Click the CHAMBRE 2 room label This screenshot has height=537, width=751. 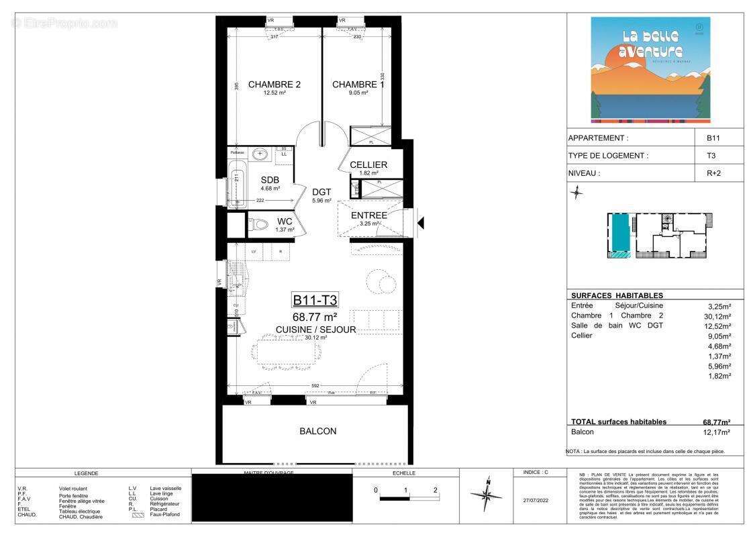[274, 85]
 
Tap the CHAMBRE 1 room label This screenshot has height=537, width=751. [358, 85]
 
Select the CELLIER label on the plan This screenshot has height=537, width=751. [368, 165]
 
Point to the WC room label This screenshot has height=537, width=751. [285, 222]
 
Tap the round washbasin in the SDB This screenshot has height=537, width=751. [259, 154]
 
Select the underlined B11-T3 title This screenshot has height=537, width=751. [314, 300]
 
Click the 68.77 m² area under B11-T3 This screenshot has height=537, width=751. [314, 316]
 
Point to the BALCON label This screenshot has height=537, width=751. [317, 432]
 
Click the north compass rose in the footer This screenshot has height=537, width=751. [488, 495]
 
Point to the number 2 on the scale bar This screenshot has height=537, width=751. [436, 489]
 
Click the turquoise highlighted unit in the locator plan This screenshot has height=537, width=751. [620, 236]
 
